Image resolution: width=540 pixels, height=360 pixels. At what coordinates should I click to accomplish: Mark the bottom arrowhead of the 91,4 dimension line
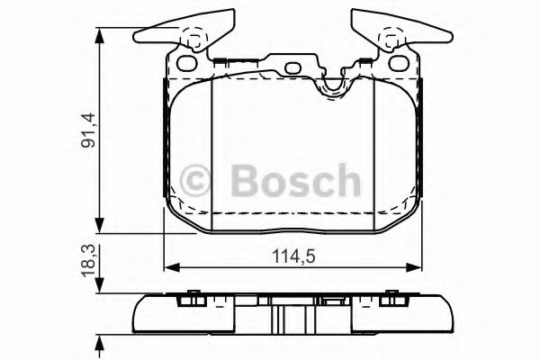tap(99, 230)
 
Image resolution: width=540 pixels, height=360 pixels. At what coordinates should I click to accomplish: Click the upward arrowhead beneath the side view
tap(99, 345)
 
